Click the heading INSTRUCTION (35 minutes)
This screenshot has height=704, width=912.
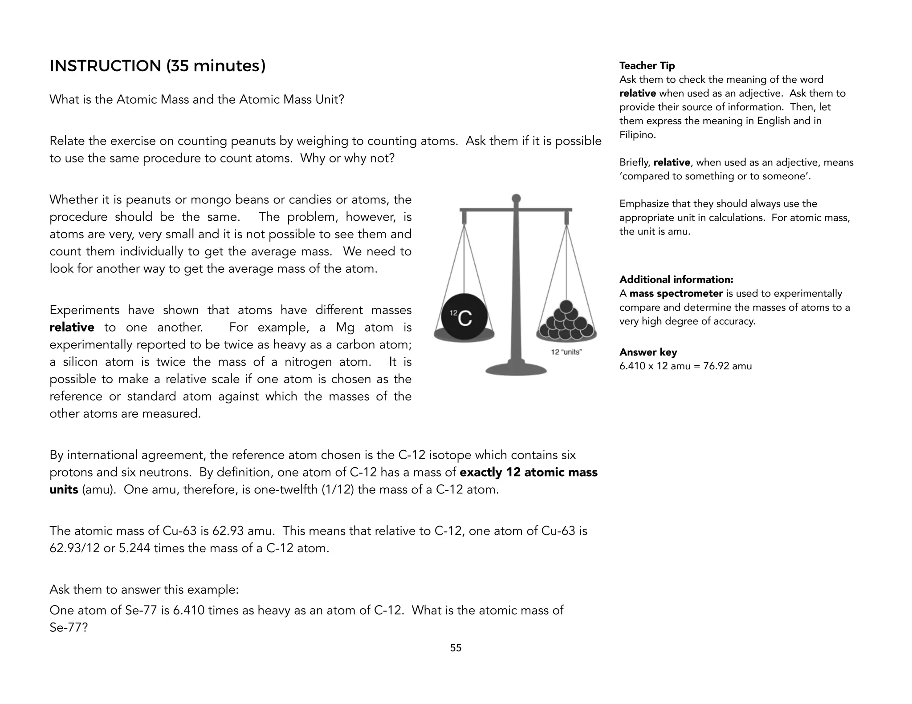click(x=157, y=66)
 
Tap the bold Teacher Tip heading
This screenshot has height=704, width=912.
click(x=647, y=65)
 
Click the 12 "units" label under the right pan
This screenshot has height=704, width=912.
click(x=566, y=352)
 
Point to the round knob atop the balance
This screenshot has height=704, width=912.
click(x=516, y=198)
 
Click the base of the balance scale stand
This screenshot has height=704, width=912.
click(x=516, y=369)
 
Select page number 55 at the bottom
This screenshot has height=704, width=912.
click(x=456, y=647)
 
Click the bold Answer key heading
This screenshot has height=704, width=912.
click(x=648, y=352)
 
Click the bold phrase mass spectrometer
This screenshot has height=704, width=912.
click(x=676, y=294)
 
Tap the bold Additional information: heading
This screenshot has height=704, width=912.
click(x=676, y=279)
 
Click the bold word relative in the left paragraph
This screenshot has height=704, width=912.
click(x=72, y=328)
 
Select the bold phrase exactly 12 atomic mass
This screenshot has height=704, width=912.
click(x=528, y=472)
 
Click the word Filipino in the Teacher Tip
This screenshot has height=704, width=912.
click(x=637, y=135)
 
